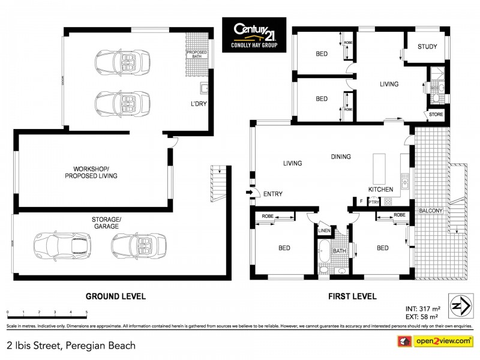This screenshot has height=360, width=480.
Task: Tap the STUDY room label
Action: (x=427, y=47)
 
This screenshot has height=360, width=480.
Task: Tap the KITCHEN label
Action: (x=380, y=189)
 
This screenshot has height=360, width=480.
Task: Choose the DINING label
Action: (x=341, y=157)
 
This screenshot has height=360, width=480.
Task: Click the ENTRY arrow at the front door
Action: (x=248, y=193)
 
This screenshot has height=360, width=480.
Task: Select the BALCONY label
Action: (x=431, y=211)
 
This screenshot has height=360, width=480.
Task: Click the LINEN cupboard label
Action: (x=324, y=230)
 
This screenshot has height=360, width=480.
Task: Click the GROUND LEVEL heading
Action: (x=115, y=296)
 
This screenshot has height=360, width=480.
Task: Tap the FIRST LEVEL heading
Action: (x=352, y=296)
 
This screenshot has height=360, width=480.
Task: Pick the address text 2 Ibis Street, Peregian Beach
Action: (x=71, y=345)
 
